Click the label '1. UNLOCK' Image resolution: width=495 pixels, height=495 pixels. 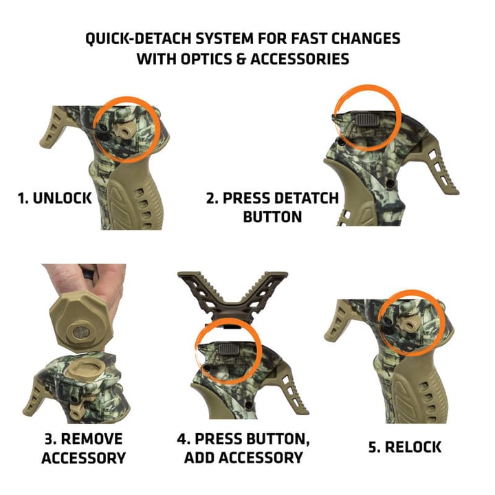(x=54, y=199)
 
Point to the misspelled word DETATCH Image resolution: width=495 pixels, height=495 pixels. (x=306, y=199)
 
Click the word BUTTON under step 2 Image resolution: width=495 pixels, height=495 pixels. (x=272, y=217)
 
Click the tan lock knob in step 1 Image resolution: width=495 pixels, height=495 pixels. (x=127, y=131)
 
